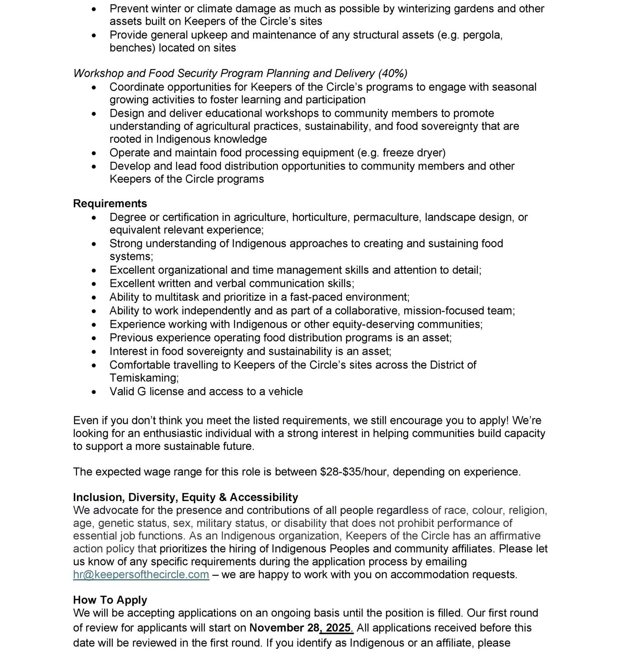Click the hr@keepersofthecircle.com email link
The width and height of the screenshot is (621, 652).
[141, 574]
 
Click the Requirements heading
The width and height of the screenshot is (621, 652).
[110, 204]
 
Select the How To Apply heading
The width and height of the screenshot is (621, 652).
[110, 600]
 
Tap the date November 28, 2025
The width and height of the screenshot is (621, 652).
[301, 628]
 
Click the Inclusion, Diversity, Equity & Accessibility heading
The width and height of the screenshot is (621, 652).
[186, 497]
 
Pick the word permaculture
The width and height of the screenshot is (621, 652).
[387, 217]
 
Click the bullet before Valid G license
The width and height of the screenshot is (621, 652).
[94, 392]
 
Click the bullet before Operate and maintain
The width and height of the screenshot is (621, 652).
[94, 154]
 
